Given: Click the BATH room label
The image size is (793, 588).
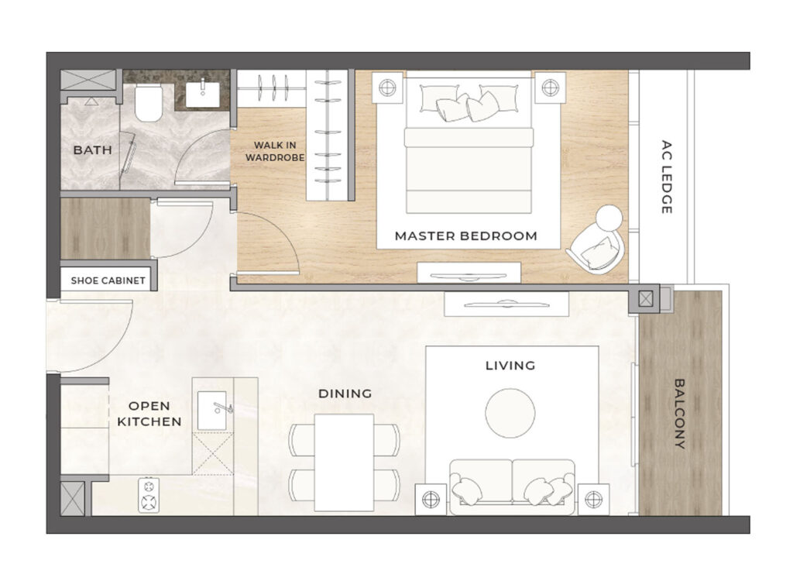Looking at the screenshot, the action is [x=92, y=150].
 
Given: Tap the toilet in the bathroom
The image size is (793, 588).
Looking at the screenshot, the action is [x=149, y=103].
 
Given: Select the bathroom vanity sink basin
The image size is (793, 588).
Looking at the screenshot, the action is [x=203, y=95].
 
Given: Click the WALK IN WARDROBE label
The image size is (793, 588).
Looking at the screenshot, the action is [x=275, y=151].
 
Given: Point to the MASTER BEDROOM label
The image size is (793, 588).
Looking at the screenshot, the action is [x=465, y=236].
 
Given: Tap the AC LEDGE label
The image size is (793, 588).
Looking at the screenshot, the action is [x=667, y=177].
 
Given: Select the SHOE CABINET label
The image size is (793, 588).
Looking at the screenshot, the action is [x=108, y=280].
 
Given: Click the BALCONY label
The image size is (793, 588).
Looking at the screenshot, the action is [x=680, y=414].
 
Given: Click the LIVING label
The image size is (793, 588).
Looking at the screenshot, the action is [x=510, y=366].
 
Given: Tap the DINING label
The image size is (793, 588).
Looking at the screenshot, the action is [x=345, y=394].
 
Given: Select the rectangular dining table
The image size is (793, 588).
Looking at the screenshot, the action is [x=344, y=462].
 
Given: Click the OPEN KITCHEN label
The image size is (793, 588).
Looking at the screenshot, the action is [x=149, y=414].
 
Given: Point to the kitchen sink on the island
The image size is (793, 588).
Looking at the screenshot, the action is [x=212, y=411].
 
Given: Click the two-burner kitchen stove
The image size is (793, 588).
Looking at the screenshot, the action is [x=149, y=494].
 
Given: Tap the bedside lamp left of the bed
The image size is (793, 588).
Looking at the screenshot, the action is [x=387, y=88].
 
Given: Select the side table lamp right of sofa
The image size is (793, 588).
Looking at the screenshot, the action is [x=593, y=500].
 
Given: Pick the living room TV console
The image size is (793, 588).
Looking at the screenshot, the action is [x=506, y=304].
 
